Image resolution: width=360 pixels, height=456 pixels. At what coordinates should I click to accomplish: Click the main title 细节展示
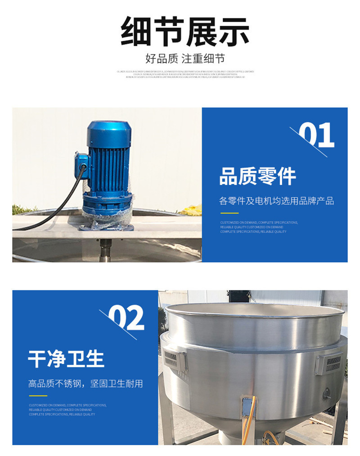pos(184,32)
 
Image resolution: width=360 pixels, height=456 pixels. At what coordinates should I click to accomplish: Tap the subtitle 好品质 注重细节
pos(184,59)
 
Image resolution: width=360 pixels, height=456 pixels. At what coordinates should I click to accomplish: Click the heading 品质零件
pos(257,176)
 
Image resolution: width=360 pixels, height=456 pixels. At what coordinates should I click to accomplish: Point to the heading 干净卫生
pos(66,359)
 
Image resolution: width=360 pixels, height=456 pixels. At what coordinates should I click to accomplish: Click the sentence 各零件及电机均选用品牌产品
pos(276,201)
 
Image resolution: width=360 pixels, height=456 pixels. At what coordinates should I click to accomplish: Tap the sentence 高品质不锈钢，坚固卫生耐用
pos(85,384)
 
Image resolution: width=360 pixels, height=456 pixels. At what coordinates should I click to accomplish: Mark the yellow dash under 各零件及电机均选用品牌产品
pos(229,213)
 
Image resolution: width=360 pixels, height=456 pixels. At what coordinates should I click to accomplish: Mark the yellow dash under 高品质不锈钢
pos(38,396)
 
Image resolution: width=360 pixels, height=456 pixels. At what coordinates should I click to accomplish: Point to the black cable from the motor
pos(49,212)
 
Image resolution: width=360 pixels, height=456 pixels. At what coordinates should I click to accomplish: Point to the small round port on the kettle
pos(326,393)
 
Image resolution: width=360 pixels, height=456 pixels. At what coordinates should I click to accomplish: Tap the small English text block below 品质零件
pos(259,227)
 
